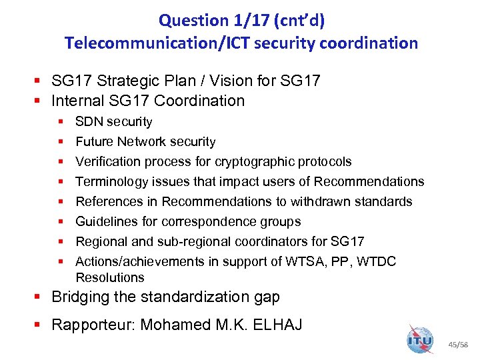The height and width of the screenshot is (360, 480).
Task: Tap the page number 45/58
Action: [x=459, y=345]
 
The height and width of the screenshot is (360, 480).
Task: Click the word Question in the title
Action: [x=189, y=20]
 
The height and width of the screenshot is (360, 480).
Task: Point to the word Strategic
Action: [x=124, y=81]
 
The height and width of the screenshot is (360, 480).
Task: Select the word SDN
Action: [x=89, y=122]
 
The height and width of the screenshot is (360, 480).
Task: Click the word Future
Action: [x=95, y=142]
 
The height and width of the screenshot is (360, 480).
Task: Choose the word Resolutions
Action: [x=110, y=277]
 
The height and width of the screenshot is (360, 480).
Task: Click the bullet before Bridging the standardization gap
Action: [x=42, y=297]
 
